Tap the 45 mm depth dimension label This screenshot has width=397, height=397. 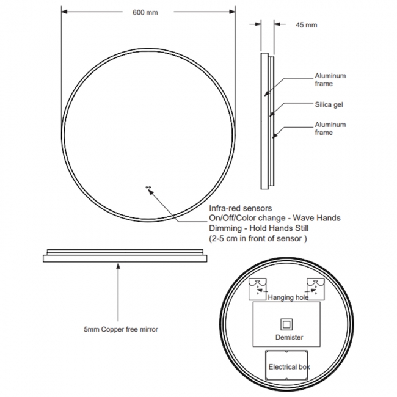306,25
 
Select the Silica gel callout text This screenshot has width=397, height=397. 329,104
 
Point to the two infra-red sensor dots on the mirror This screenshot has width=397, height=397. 148,188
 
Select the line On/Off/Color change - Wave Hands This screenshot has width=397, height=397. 274,218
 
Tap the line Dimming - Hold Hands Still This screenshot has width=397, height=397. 258,228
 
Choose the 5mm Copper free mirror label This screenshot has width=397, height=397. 121,329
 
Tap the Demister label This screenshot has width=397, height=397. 289,337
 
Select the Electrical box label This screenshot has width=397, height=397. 289,367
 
